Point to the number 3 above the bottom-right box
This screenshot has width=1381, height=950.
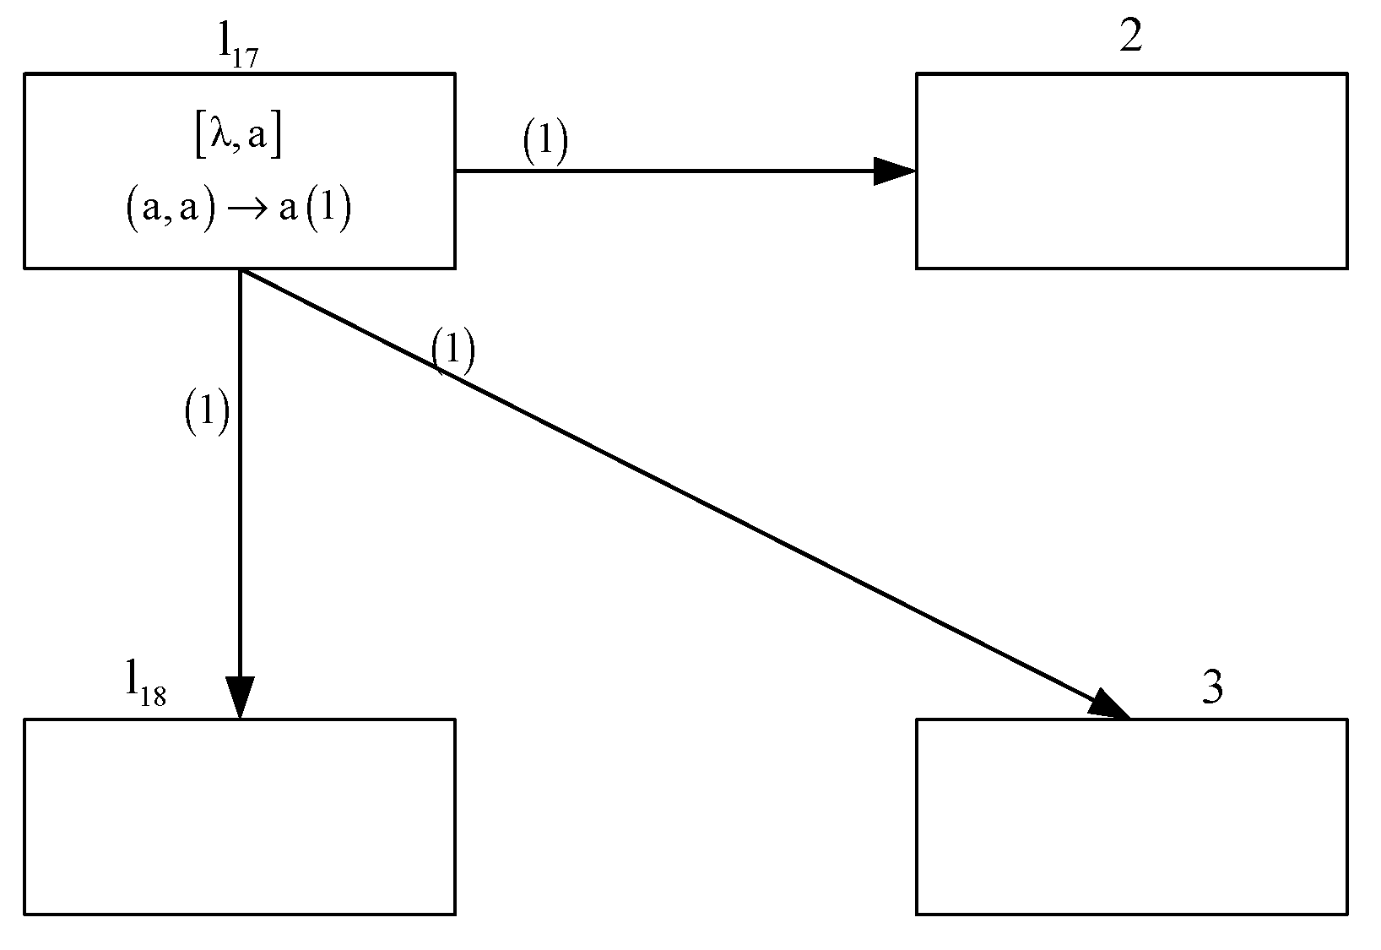[x=1211, y=689]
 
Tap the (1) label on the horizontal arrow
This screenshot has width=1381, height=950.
[x=545, y=141]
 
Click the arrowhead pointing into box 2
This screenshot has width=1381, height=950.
[x=895, y=171]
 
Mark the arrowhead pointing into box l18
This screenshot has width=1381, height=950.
[x=240, y=698]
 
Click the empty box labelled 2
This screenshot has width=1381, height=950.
[x=1131, y=171]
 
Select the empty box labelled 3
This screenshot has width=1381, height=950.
[x=1131, y=817]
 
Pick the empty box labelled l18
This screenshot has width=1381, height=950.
[x=240, y=817]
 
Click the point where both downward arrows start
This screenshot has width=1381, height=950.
[x=241, y=270]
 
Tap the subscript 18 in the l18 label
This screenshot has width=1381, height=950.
[x=154, y=698]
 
